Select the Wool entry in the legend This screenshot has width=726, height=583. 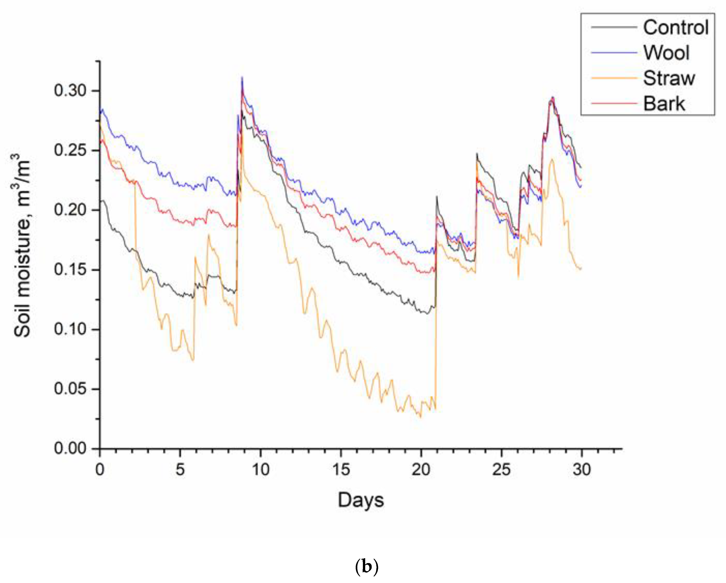point(666,53)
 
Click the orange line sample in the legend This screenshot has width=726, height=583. point(613,78)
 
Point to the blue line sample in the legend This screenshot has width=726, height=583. point(613,53)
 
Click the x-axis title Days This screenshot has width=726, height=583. point(361,500)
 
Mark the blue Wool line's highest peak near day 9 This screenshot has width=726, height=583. point(242,77)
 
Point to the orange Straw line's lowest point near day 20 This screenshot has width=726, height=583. point(420,417)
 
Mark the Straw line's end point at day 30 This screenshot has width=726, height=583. point(581,268)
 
